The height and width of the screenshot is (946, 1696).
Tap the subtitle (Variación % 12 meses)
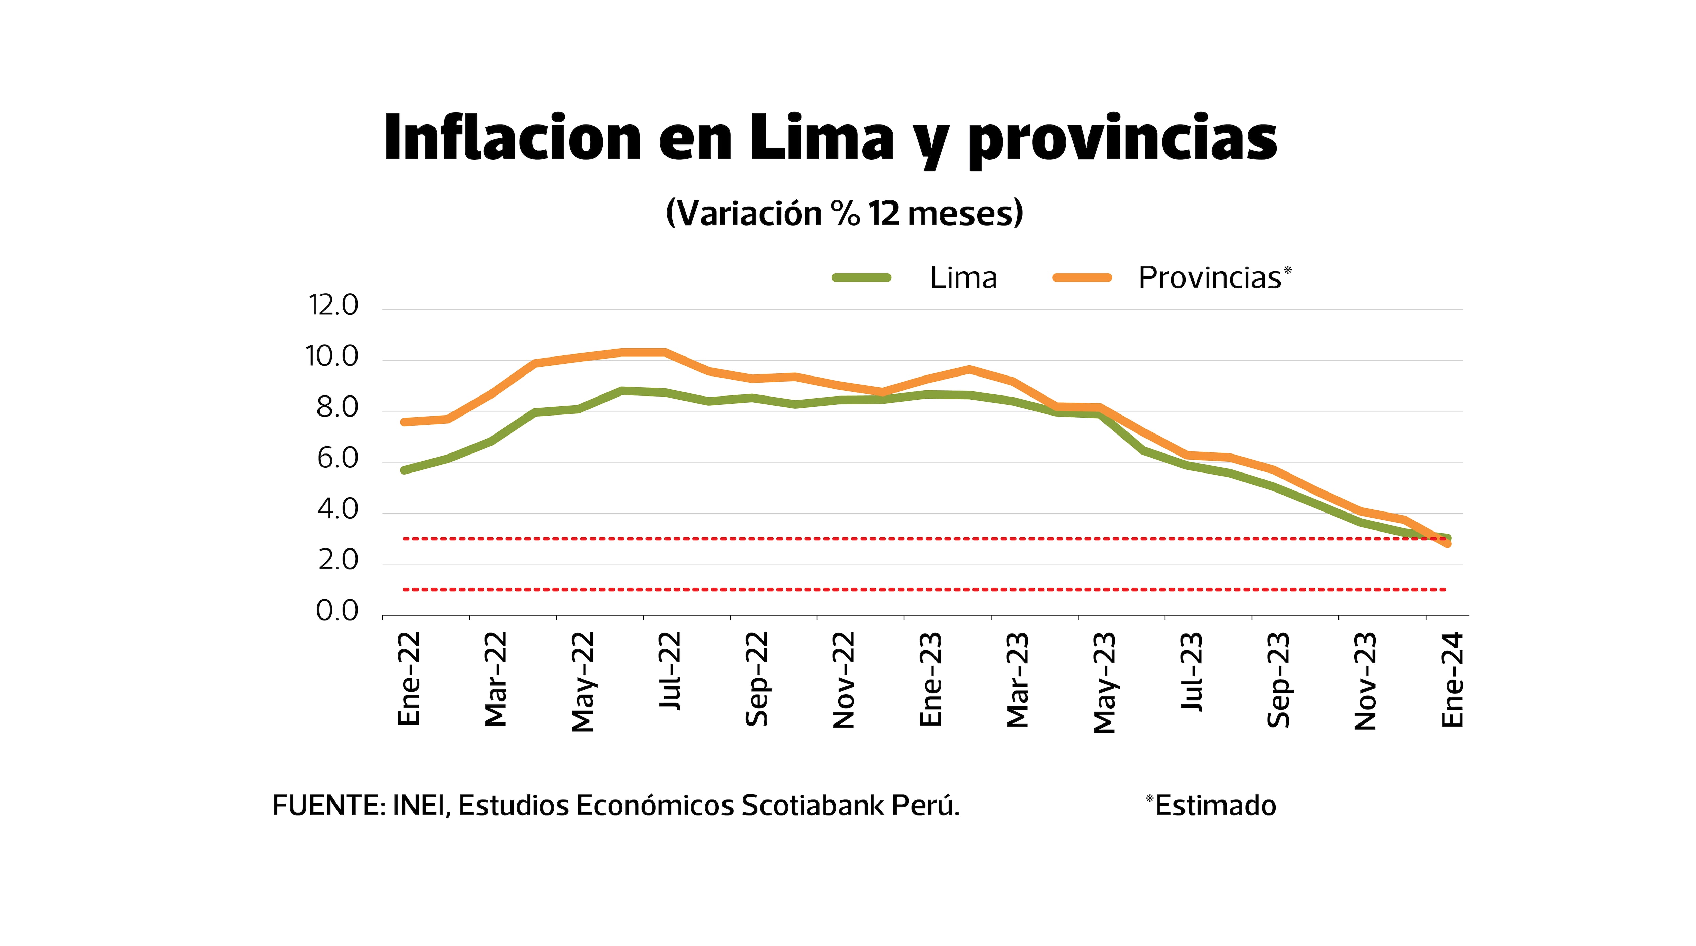tap(845, 213)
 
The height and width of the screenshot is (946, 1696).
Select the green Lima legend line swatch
tap(861, 278)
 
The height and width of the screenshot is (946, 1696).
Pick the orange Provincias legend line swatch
tap(1082, 278)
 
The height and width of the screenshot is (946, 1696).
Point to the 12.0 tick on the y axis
tap(333, 306)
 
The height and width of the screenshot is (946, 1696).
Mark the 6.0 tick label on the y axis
tap(337, 459)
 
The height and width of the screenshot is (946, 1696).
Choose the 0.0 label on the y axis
tap(337, 612)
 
